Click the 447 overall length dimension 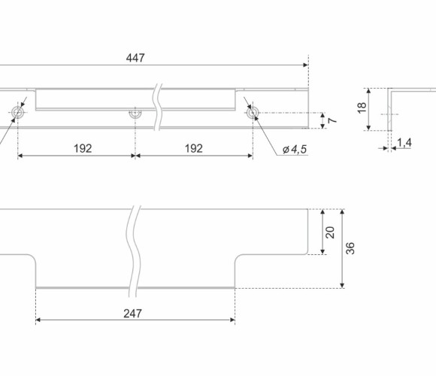135,58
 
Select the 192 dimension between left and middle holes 83,148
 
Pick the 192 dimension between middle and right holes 194,148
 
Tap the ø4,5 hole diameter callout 295,150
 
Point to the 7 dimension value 332,120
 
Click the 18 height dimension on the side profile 362,108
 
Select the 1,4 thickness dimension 404,143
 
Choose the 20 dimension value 330,232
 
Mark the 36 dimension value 350,248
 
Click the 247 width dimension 132,314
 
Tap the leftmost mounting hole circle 18,113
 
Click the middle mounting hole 135,114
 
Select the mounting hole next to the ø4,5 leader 253,113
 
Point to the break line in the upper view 158,107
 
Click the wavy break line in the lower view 134,251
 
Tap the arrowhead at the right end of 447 306,65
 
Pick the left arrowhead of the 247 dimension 38,320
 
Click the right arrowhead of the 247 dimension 232,320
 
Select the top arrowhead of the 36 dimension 342,212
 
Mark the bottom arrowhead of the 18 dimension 368,127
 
